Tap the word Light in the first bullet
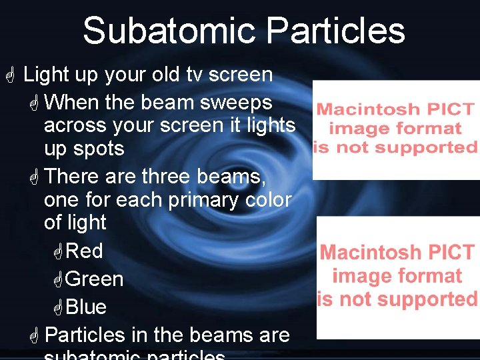pos(46,75)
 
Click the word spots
pos(101,149)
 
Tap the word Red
pos(85,251)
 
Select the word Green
pos(95,279)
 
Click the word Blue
pos(87,307)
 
